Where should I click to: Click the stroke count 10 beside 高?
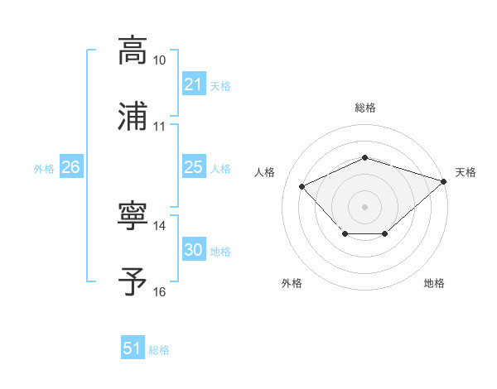click(x=160, y=61)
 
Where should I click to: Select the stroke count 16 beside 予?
click(x=160, y=292)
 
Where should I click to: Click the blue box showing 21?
click(x=193, y=84)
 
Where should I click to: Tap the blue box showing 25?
click(x=193, y=168)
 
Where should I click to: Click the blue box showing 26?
click(x=70, y=168)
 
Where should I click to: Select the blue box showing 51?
click(x=133, y=349)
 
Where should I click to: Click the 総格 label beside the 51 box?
click(x=159, y=350)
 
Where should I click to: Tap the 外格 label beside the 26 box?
click(x=44, y=169)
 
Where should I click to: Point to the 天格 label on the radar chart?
click(x=466, y=172)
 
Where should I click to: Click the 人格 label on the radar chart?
click(x=265, y=172)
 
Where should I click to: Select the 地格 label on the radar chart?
click(x=434, y=284)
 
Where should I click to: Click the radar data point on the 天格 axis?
click(x=445, y=180)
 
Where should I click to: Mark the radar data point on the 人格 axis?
click(x=302, y=186)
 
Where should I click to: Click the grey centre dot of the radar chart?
click(x=364, y=206)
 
